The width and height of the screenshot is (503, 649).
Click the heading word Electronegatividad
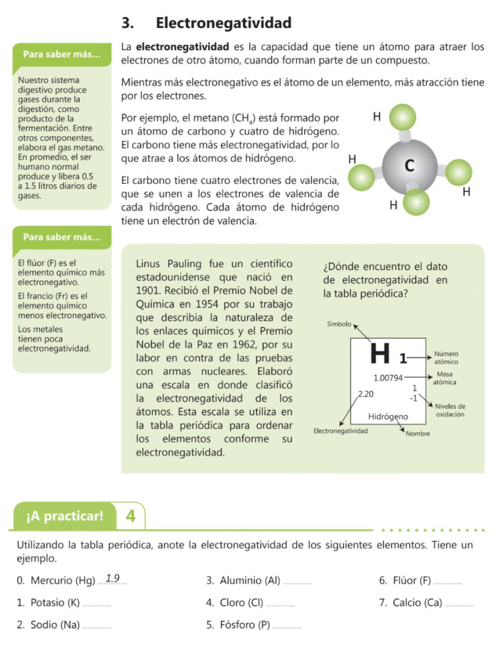pos(224,23)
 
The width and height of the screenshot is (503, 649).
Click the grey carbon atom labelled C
pos(408,166)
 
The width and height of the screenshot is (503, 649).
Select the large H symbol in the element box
pos(379,354)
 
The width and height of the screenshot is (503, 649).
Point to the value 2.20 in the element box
pos(366,394)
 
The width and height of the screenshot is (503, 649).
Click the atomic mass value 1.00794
pos(388,378)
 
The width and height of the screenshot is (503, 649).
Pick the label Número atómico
pos(446,357)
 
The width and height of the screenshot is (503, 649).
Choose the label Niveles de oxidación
pos(450,410)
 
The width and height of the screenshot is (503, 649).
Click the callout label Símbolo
pos(339,324)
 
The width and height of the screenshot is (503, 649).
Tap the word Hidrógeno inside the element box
pos(388,416)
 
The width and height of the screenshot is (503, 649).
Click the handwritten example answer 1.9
pos(113,578)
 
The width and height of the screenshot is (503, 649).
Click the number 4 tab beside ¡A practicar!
pos(131,516)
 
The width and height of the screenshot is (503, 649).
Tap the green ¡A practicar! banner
pos(65,516)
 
